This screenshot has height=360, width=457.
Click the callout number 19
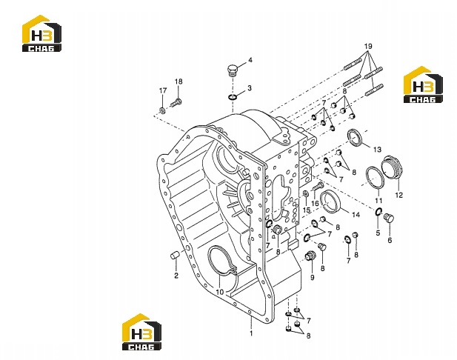[368, 47]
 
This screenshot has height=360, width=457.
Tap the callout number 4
[250, 60]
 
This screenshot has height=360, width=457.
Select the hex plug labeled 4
[233, 71]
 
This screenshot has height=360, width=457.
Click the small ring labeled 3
[232, 97]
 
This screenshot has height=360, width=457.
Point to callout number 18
[179, 81]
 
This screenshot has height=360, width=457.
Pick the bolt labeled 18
[176, 103]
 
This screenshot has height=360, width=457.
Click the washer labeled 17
[162, 110]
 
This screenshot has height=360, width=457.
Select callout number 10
[220, 292]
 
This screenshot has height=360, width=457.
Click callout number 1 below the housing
[251, 333]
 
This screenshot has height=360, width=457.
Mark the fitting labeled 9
[310, 256]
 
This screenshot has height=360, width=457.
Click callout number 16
[315, 202]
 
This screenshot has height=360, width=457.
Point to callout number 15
[307, 210]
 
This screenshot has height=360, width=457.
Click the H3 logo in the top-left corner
[41, 33]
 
